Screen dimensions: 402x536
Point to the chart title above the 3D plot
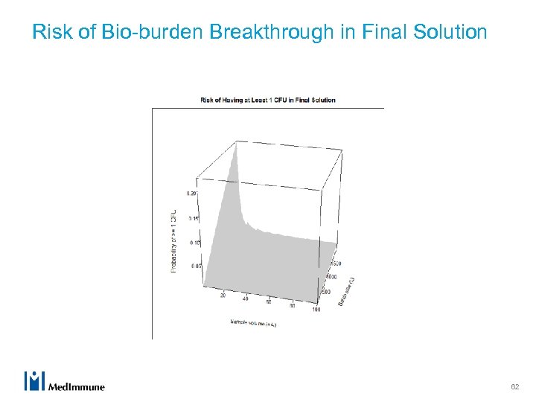tap(268, 100)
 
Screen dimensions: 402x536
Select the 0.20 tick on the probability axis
tap(192, 194)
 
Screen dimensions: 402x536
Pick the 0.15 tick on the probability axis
tap(192, 218)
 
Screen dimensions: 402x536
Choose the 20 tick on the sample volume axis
tap(223, 296)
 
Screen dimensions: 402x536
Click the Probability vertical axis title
tap(175, 240)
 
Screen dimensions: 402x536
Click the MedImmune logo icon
tap(35, 380)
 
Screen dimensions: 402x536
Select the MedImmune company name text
tap(77, 386)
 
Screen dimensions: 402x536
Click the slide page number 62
tap(514, 386)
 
